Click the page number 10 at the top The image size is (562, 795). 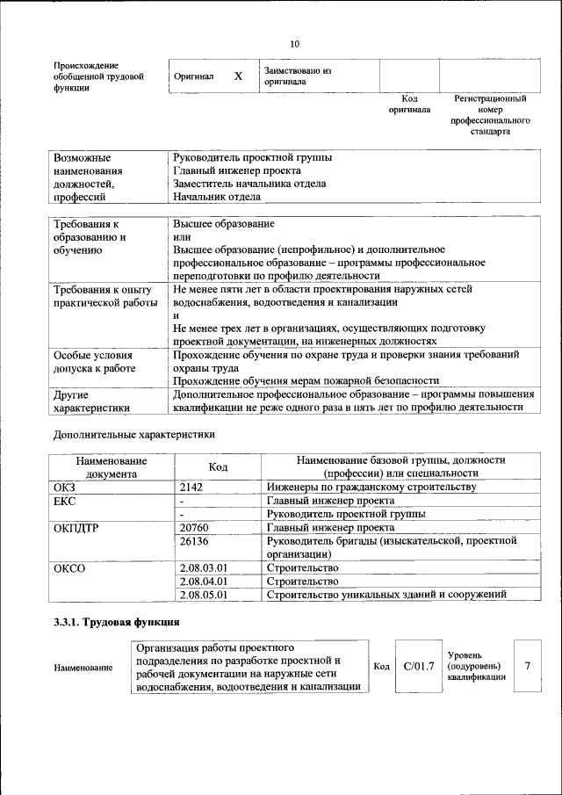(x=294, y=44)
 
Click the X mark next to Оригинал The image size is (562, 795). (x=238, y=76)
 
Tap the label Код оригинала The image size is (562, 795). (x=409, y=105)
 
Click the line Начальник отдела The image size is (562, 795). (x=217, y=197)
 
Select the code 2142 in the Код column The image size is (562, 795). (x=191, y=487)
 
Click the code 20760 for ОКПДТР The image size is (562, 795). (x=193, y=527)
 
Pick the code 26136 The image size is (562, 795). (x=193, y=541)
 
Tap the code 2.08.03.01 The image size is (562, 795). (x=203, y=567)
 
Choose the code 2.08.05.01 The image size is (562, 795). (x=203, y=595)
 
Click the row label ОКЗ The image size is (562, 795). (x=66, y=487)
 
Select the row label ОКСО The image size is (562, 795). (x=69, y=567)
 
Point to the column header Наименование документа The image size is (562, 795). (x=112, y=466)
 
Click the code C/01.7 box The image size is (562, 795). (x=419, y=667)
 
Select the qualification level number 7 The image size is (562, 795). (x=527, y=666)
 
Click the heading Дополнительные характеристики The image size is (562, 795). (x=133, y=434)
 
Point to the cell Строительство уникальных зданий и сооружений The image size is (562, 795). (x=386, y=595)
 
